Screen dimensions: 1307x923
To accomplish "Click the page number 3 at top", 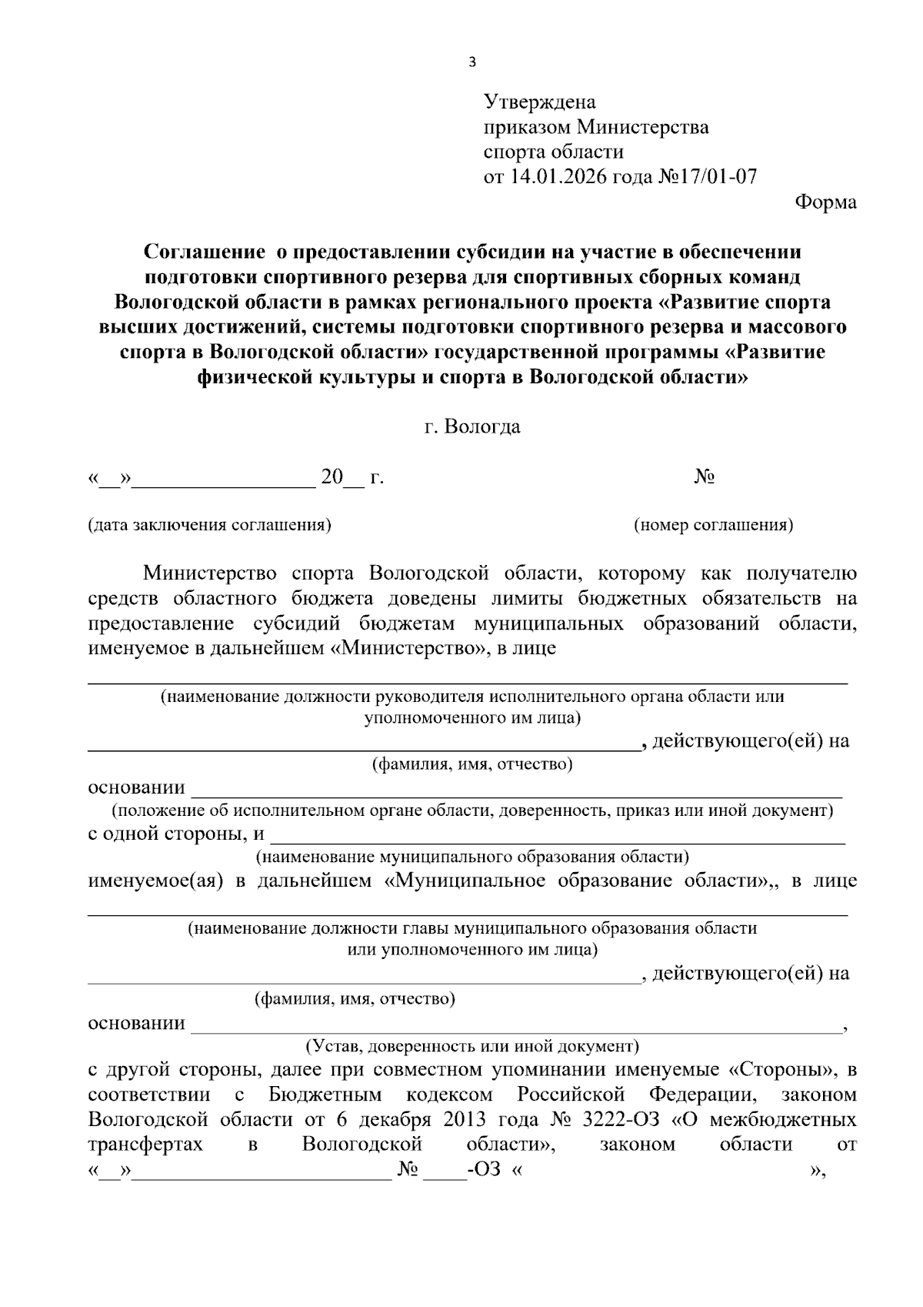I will tap(472, 62).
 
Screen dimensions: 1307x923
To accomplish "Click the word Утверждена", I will tap(539, 102).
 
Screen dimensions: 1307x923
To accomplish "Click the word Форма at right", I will tap(825, 202).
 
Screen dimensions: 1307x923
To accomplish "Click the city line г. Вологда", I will tap(472, 426).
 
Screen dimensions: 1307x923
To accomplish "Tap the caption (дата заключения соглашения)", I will tap(209, 525).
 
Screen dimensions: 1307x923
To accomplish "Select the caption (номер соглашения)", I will tap(713, 525).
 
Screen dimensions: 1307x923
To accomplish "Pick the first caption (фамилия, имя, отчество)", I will tap(472, 764).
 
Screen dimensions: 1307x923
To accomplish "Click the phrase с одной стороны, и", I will tap(176, 834).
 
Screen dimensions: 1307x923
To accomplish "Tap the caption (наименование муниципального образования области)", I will tap(472, 856).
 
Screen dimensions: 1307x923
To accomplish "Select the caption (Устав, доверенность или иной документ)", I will tap(472, 1046).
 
